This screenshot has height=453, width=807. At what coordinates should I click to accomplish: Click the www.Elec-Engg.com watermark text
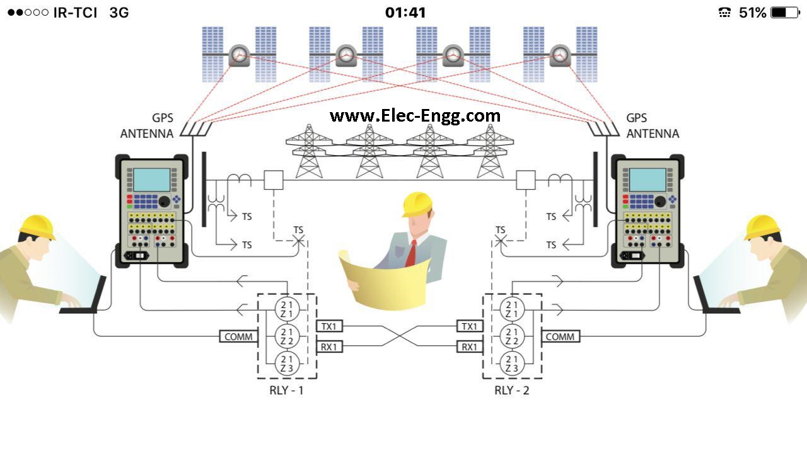coord(415,116)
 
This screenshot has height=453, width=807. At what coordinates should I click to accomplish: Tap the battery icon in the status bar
coord(784,13)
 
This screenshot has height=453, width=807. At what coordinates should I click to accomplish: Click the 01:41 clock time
coord(405,13)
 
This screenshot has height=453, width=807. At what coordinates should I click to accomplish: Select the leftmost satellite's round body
coord(239,55)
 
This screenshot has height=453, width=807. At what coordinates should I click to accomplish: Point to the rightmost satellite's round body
coord(560,55)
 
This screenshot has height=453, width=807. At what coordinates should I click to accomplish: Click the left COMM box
coord(238,336)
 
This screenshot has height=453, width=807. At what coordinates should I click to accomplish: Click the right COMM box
coord(560,336)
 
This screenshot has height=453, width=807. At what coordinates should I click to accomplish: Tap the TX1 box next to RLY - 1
coord(328,326)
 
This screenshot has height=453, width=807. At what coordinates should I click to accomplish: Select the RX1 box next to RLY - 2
coord(470,347)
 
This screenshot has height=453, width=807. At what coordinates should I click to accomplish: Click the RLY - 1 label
coord(286,391)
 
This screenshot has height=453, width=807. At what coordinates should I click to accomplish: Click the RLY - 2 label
coord(512,391)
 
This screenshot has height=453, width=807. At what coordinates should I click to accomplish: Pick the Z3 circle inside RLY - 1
coord(287,364)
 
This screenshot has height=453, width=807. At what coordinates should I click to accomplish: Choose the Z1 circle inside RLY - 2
coord(512,309)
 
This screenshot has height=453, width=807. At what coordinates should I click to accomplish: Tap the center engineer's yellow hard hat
coord(417,204)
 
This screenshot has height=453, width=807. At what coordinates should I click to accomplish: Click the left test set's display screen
coord(151,180)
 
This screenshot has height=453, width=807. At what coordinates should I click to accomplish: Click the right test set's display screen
coord(647,180)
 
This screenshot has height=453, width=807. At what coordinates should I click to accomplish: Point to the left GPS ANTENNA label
coord(147,126)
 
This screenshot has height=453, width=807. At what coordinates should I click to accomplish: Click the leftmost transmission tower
coord(309,151)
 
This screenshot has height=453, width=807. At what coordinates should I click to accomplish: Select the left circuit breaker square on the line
coord(274,181)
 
